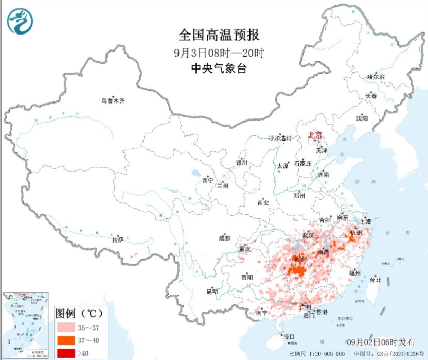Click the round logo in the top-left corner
(20, 22)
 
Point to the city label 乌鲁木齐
(113, 101)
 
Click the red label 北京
(315, 135)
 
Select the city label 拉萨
(118, 239)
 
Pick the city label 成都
(225, 238)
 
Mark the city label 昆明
(212, 292)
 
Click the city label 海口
(289, 337)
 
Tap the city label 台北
(376, 280)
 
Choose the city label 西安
(263, 203)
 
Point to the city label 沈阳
(362, 118)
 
